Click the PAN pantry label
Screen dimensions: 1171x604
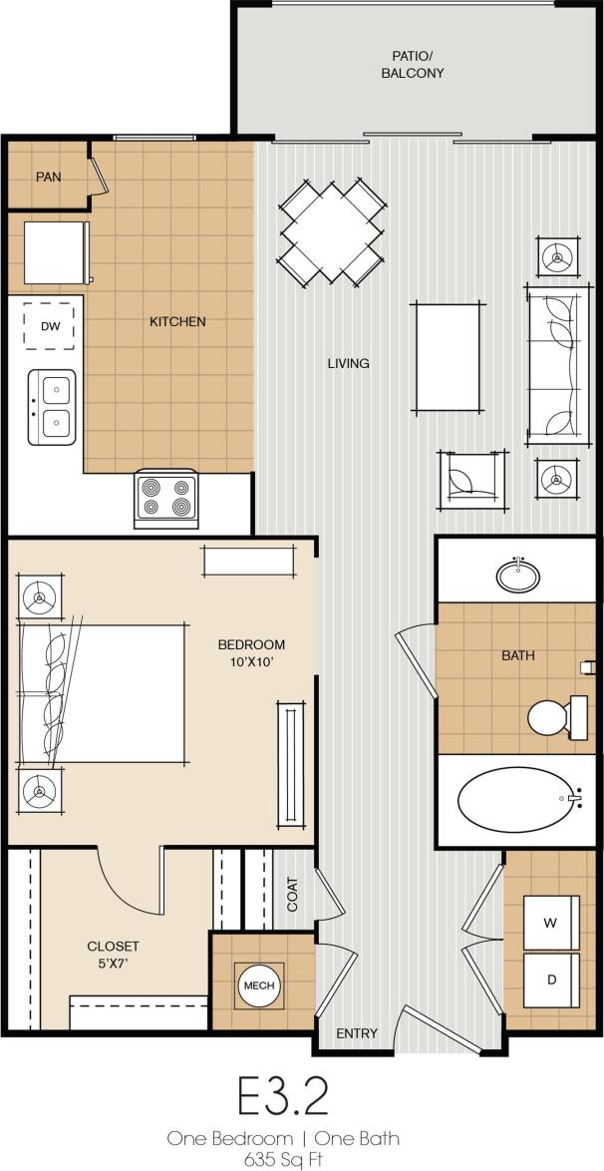pos(49,177)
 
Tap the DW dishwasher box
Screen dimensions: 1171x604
pos(49,326)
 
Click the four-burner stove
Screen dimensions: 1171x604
pos(165,497)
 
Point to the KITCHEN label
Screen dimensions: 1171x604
pos(177,321)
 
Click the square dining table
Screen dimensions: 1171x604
pos(332,230)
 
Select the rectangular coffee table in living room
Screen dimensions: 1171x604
pos(449,357)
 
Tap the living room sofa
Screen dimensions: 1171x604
pos(556,365)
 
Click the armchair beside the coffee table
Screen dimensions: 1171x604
pos(472,480)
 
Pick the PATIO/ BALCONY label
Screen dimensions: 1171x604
pos(413,65)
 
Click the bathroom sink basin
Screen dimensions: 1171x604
pos(517,576)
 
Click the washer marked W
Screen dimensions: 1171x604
pos(550,924)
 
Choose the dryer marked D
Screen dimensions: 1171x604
pos(550,979)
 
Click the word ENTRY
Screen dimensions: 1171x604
pos(357,1033)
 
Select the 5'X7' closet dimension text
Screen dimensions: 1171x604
pos(113,964)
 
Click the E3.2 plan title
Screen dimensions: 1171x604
pos(283,1097)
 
